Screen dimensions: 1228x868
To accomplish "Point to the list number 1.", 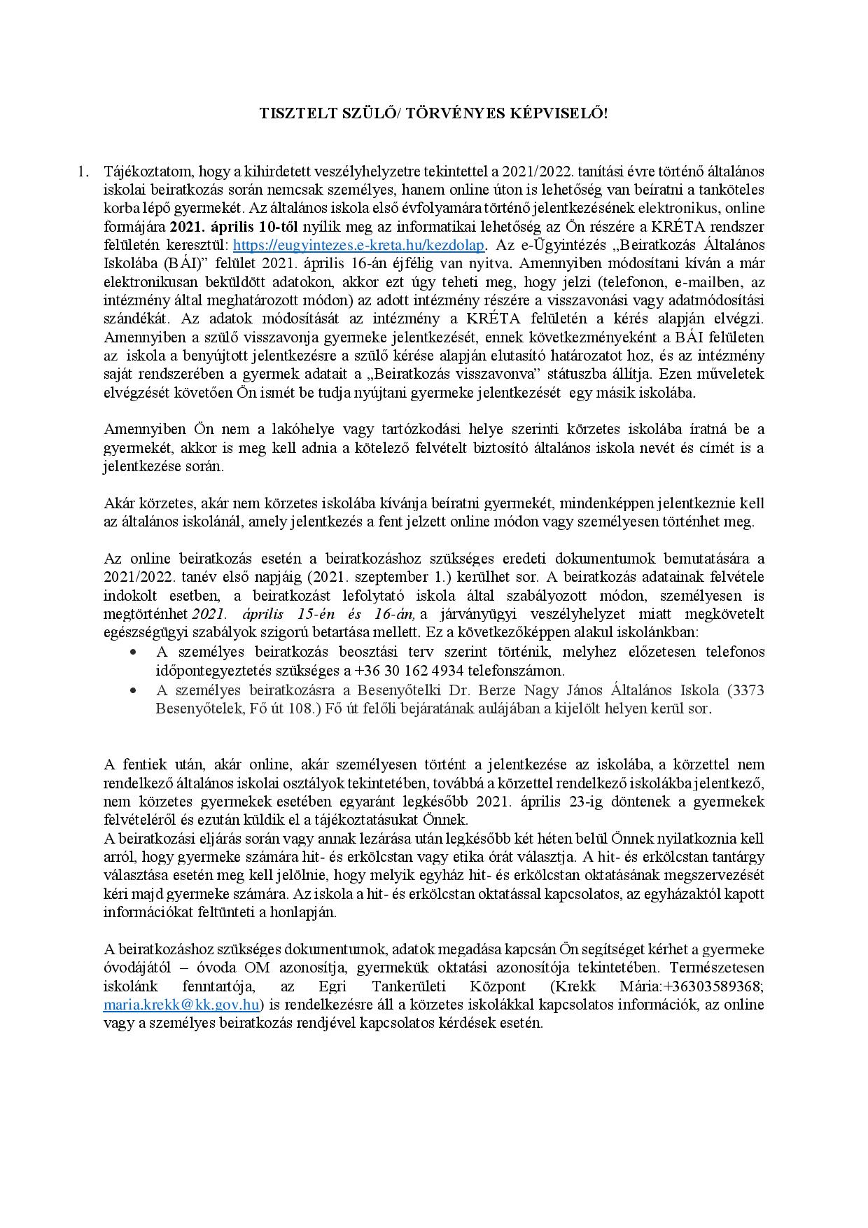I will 83,171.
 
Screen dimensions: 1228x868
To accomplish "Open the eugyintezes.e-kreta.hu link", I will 358,245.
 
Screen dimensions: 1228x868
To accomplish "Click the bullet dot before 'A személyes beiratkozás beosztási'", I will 133,652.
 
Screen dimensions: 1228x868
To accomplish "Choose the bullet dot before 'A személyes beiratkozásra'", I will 133,690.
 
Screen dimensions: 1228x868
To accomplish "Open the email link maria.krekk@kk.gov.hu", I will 182,1005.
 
